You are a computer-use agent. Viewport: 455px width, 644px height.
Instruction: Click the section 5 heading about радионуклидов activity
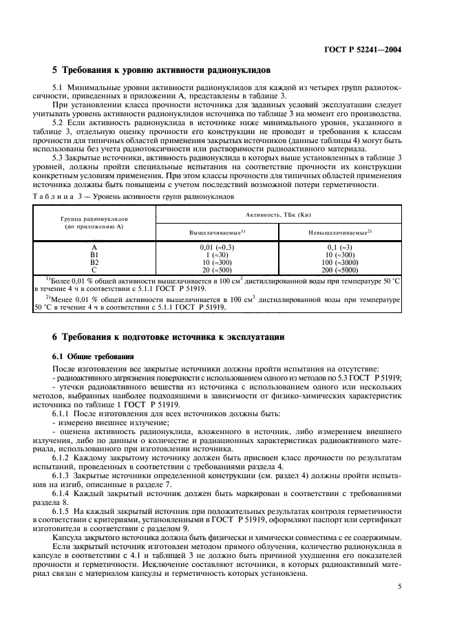tap(162, 70)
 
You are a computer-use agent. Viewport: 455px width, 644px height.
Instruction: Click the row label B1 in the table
tap(94, 255)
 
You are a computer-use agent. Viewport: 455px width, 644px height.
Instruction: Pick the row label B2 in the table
tap(94, 262)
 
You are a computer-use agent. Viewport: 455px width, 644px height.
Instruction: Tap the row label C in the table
tap(94, 270)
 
